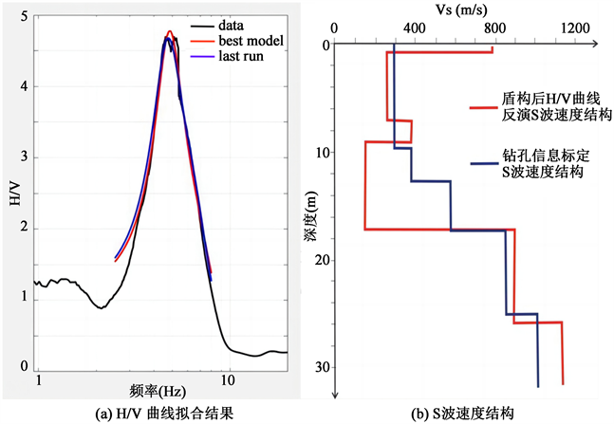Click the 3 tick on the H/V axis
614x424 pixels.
point(22,157)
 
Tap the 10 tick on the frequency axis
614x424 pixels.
point(228,379)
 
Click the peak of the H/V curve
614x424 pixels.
point(169,33)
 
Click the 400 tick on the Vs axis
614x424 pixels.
point(413,29)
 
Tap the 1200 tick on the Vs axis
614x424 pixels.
point(574,29)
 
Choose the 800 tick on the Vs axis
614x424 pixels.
point(493,29)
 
